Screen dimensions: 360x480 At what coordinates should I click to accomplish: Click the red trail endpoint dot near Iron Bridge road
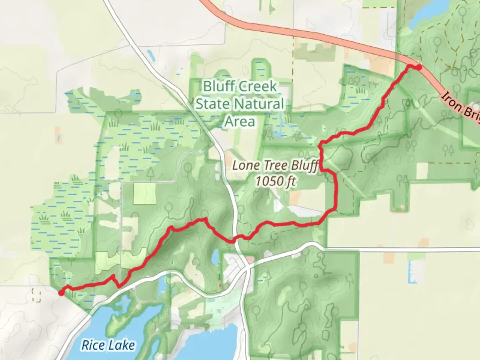(x=418, y=67)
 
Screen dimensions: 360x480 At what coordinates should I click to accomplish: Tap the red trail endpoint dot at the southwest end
(x=61, y=293)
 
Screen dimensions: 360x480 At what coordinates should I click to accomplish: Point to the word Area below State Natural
(x=240, y=121)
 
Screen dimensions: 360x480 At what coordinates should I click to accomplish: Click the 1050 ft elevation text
(x=275, y=181)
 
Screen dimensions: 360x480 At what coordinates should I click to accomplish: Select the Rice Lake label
(x=108, y=345)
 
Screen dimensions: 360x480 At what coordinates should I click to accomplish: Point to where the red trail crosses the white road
(x=235, y=239)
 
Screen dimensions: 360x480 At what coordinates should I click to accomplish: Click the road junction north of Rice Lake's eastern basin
(x=247, y=267)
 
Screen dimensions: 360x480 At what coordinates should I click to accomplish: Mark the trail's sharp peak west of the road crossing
(x=204, y=219)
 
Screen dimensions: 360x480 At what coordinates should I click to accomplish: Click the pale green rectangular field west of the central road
(x=145, y=193)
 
